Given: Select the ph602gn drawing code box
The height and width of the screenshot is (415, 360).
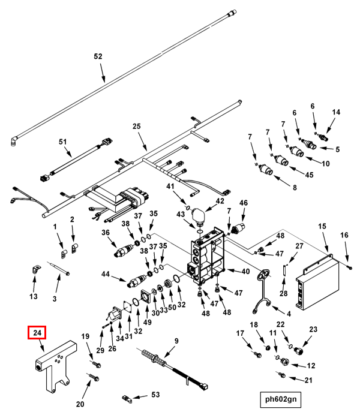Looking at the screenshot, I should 281,398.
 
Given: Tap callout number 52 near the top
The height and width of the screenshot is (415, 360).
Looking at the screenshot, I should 98,56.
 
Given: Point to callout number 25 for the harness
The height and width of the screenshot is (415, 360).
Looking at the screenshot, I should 136,127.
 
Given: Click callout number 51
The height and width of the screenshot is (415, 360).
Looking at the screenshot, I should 62,142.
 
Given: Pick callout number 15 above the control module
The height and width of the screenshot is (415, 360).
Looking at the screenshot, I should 322,226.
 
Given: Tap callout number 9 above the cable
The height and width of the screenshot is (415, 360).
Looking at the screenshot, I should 176,342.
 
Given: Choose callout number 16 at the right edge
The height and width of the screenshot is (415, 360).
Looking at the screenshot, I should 344,234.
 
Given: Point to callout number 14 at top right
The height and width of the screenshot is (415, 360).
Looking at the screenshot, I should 336,112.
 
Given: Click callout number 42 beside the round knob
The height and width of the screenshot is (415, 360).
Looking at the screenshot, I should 220,201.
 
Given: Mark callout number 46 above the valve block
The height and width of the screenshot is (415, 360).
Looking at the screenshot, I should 244,203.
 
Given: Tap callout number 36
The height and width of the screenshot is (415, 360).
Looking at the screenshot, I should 106,233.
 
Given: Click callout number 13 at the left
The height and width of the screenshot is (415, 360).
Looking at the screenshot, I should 34,297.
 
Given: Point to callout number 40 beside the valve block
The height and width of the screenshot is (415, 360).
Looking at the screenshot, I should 245,272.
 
